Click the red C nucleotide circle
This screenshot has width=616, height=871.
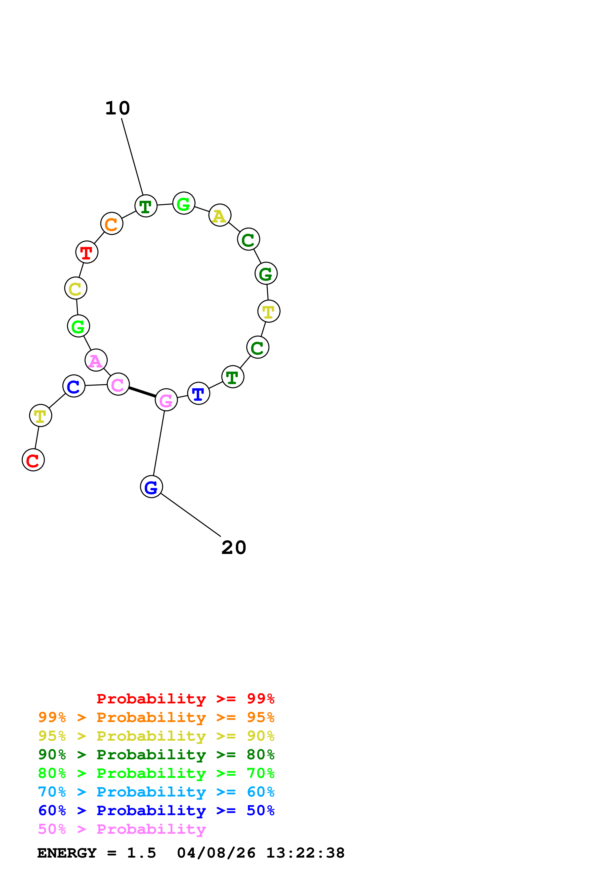(x=33, y=460)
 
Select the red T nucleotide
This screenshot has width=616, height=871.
(x=87, y=252)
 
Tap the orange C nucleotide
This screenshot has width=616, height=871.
(x=112, y=223)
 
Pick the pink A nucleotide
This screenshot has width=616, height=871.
(x=96, y=360)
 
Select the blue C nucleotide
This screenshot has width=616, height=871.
(x=74, y=386)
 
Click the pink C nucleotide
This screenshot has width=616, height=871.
(x=118, y=384)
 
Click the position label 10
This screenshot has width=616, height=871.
(x=118, y=109)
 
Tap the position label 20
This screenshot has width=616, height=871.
(x=234, y=548)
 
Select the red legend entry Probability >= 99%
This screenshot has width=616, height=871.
(x=185, y=699)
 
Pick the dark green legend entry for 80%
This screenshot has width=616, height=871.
(x=156, y=755)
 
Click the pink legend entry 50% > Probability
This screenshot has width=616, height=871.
(x=122, y=829)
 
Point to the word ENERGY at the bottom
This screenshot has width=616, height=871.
(x=67, y=853)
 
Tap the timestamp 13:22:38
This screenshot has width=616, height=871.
(x=305, y=853)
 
